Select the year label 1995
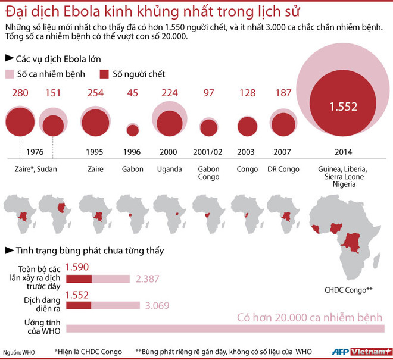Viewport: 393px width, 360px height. point(95,152)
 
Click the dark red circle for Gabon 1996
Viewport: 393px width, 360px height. point(132,130)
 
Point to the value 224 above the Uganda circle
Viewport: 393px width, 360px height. point(170,93)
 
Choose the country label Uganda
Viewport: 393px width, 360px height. point(169,170)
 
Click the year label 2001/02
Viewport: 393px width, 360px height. point(208,152)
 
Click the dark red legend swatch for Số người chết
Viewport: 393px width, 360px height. point(105,74)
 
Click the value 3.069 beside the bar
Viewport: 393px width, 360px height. point(158,305)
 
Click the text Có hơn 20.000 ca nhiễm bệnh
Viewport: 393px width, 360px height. point(310,317)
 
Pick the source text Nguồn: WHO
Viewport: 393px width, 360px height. point(18,352)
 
